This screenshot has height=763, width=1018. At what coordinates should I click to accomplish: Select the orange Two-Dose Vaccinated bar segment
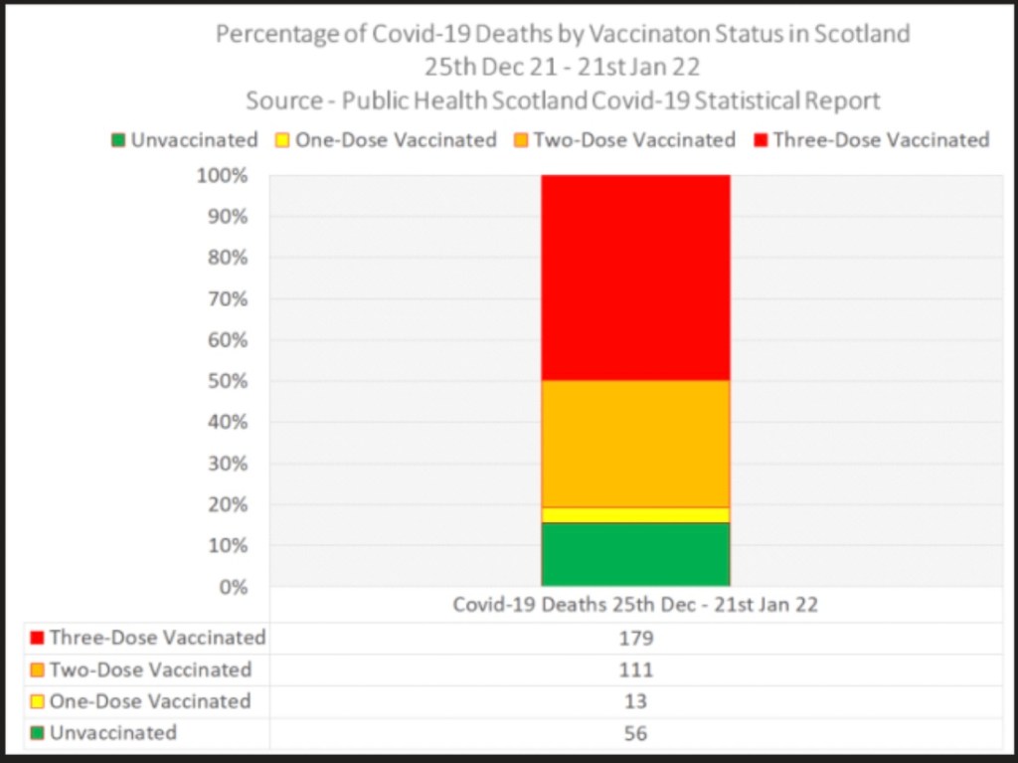(635, 443)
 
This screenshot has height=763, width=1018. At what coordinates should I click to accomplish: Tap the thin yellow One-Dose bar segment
(635, 514)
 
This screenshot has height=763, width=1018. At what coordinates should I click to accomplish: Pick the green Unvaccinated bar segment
(635, 554)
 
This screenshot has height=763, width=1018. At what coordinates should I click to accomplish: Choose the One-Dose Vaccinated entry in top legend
(385, 140)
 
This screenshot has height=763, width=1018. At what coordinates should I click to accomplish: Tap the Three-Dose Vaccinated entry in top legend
(871, 140)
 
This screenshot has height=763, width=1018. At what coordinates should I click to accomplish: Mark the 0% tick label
(235, 587)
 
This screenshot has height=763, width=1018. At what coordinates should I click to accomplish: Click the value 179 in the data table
(635, 638)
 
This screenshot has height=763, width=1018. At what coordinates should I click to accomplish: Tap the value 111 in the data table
(635, 669)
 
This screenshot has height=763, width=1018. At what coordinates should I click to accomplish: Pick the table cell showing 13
(635, 701)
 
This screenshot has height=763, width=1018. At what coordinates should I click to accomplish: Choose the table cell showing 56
(635, 733)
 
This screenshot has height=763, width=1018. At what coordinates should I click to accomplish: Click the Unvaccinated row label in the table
(113, 733)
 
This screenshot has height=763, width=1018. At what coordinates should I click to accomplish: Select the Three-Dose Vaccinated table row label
(157, 638)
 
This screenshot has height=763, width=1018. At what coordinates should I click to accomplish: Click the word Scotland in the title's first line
(862, 34)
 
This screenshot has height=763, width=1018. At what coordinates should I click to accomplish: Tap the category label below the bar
(635, 605)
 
